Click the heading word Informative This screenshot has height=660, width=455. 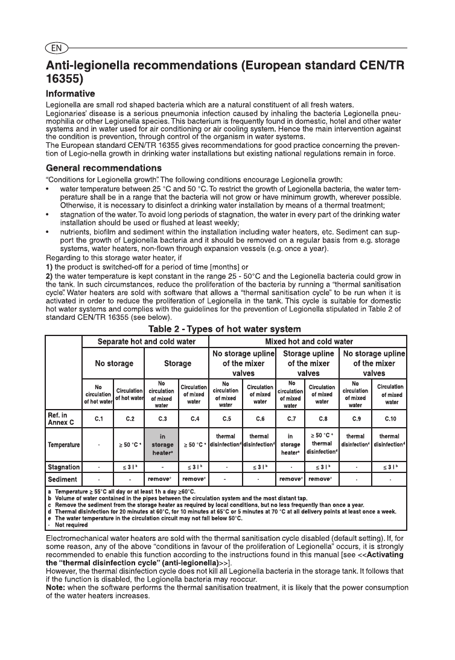tap(71, 94)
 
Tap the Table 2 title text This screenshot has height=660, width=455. tap(224, 329)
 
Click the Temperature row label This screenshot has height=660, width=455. tap(64, 445)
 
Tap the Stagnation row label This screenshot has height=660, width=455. tap(64, 467)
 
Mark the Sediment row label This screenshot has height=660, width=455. tap(62, 480)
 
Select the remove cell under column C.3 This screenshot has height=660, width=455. tap(162, 480)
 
